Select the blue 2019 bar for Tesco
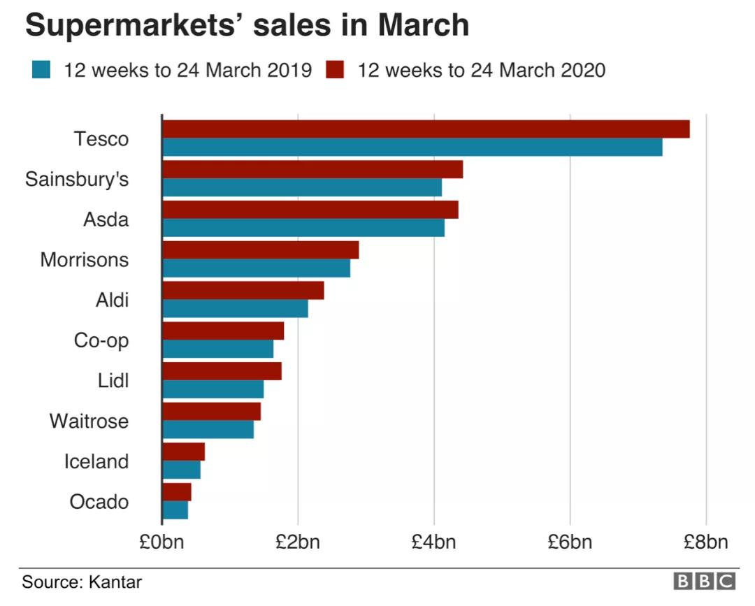[412, 147]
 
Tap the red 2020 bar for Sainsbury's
[312, 169]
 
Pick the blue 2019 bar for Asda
[303, 228]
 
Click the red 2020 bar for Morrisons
[260, 250]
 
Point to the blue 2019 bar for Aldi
[235, 308]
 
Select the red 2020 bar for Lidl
[222, 371]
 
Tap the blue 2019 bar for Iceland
[181, 470]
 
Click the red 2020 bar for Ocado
[176, 492]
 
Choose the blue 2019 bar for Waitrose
[208, 429]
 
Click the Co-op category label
[101, 341]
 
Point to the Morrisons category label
[85, 260]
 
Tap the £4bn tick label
[433, 542]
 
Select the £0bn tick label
[161, 542]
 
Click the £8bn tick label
[705, 542]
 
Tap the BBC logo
[704, 582]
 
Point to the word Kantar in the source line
[115, 582]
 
